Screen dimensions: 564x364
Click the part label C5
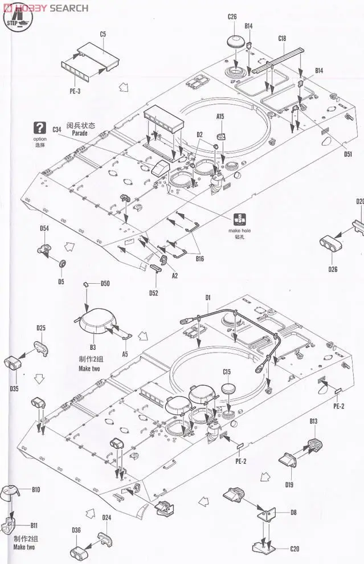103,34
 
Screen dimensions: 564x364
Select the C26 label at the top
232,17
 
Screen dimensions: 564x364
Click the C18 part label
282,38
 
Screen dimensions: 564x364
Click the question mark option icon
40,128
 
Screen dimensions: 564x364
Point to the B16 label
199,259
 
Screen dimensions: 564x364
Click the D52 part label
154,293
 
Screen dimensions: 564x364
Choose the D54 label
44,229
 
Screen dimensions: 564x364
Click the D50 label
105,284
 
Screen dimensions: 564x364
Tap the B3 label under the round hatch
92,346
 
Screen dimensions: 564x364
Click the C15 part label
227,372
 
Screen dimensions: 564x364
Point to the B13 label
313,421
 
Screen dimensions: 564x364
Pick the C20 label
294,549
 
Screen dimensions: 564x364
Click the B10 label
36,489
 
